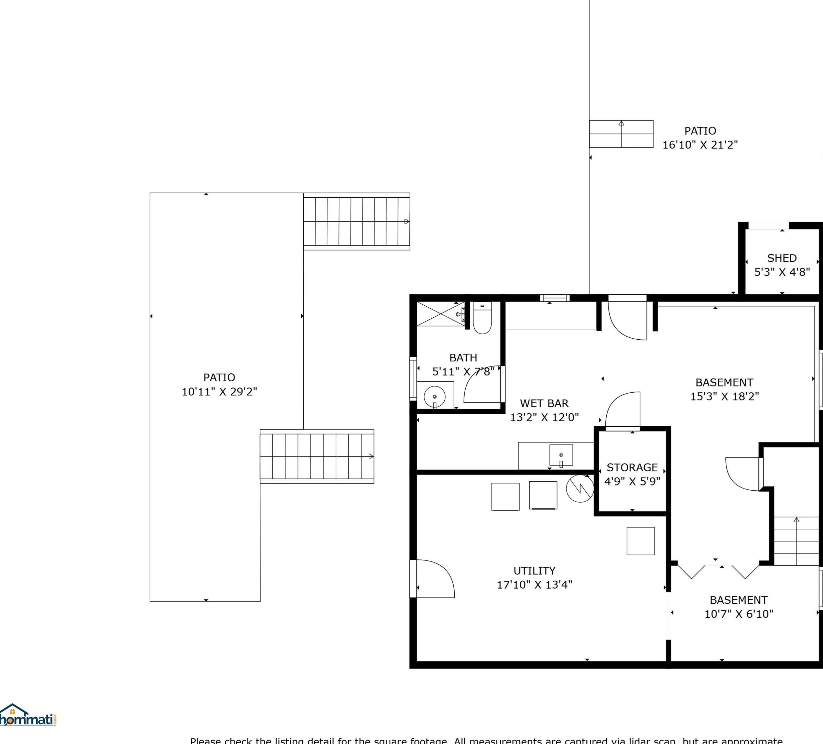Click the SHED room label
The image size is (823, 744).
[x=782, y=258]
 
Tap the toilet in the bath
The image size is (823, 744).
[x=482, y=320]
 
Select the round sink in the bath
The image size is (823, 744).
[x=434, y=396]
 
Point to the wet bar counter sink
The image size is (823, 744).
[x=561, y=455]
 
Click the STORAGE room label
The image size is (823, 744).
[x=632, y=467]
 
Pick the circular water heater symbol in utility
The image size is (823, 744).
[x=580, y=489]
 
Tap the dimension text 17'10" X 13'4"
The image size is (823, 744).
[x=534, y=584]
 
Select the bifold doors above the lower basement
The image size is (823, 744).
[x=718, y=571]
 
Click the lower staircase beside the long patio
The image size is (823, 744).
[x=317, y=456]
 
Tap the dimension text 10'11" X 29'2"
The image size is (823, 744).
[x=219, y=391]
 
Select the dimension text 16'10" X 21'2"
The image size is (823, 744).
[x=700, y=145]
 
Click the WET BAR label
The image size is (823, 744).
[x=544, y=403]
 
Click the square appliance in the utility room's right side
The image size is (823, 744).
[x=640, y=541]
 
